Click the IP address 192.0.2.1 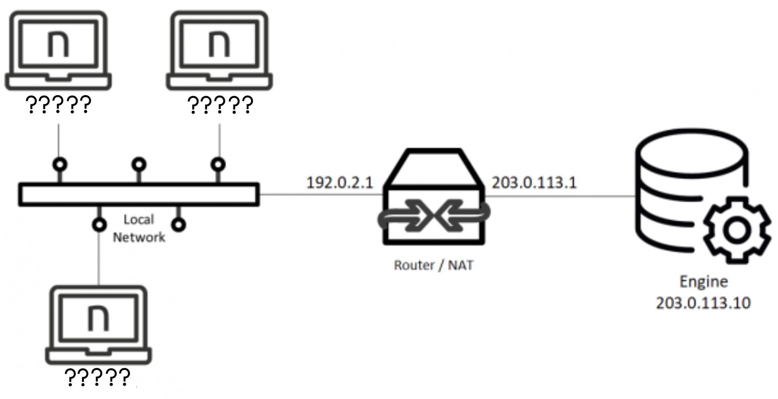pos(340,183)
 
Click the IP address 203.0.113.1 pos(534,183)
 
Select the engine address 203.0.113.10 pos(703,303)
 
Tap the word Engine pos(703,282)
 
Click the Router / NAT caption pos(433,265)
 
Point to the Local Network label pos(139,228)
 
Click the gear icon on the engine pos(737,230)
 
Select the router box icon pos(433,197)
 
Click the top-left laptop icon pos(58,50)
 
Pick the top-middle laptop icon pos(219,50)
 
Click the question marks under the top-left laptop pos(58,104)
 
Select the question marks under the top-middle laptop pos(220,104)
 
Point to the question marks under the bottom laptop pos(98,377)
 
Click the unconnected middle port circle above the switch pos(139,164)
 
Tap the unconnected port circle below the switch pos(179,225)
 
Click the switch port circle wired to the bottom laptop pos(99,225)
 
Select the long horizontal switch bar pos(139,195)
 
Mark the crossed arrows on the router pos(433,217)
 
